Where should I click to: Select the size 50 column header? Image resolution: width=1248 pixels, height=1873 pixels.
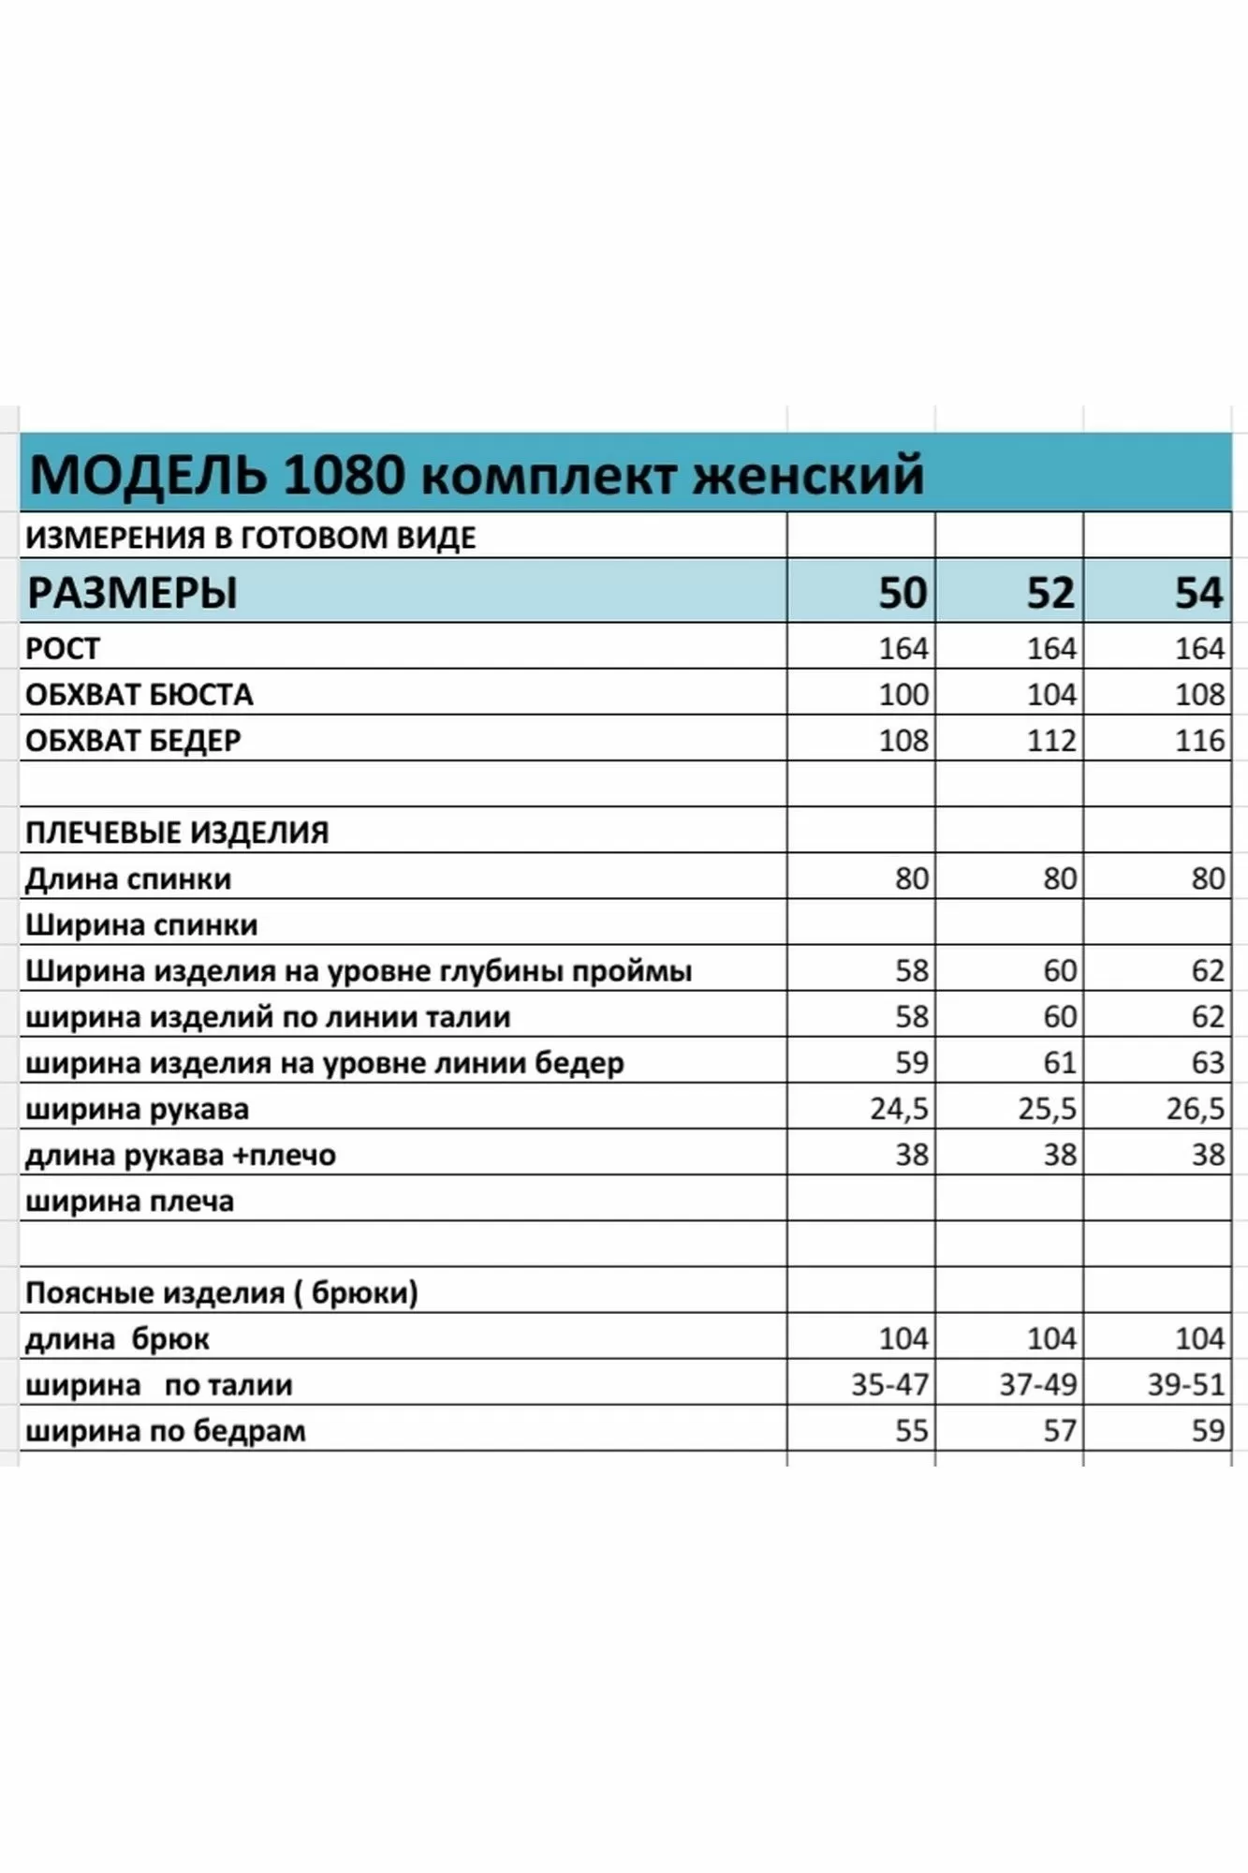(x=902, y=593)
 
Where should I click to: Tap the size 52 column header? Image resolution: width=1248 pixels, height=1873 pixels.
(x=1050, y=593)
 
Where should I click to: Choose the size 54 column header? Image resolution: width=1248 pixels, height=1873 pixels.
(x=1198, y=593)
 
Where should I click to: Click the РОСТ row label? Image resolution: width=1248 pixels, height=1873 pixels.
(x=62, y=648)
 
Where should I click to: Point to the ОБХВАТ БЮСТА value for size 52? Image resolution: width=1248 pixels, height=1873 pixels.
(x=1050, y=695)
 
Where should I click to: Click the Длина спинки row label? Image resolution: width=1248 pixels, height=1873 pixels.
(x=128, y=878)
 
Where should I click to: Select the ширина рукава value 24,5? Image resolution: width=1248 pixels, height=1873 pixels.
(x=899, y=1109)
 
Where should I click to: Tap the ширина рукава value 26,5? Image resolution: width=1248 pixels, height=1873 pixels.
(x=1195, y=1109)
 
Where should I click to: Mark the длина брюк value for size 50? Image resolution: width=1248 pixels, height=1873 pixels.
(x=903, y=1338)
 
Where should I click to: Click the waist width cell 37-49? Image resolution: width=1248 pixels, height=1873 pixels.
(x=1037, y=1384)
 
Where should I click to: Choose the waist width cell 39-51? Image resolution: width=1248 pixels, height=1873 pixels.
(x=1185, y=1384)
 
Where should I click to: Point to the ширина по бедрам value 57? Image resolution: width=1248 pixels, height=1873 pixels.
(x=1059, y=1431)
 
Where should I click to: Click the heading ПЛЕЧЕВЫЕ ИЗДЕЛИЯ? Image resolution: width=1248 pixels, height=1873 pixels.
(x=177, y=833)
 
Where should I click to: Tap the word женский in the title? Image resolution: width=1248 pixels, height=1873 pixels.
(x=807, y=475)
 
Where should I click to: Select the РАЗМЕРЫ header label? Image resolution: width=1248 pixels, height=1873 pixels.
(x=132, y=593)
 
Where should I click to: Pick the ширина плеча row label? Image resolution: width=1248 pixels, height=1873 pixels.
(x=129, y=1201)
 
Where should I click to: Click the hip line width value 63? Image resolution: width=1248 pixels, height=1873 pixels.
(x=1207, y=1063)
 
